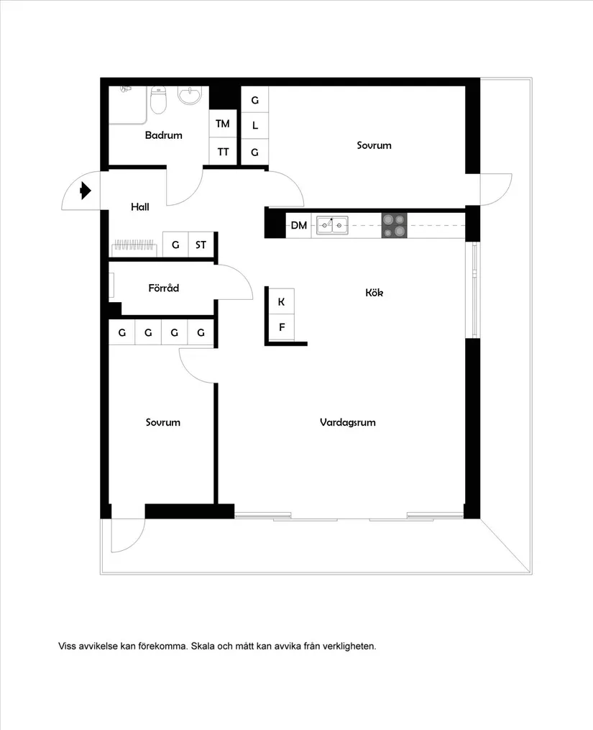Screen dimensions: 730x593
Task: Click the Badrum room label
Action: click(163, 135)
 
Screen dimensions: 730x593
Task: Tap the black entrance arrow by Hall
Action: click(86, 191)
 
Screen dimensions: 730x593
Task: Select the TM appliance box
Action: click(223, 124)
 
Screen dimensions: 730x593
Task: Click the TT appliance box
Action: click(223, 152)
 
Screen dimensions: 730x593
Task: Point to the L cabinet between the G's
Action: click(254, 125)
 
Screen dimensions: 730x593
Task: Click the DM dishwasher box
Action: click(298, 226)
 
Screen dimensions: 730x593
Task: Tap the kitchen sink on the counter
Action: click(332, 225)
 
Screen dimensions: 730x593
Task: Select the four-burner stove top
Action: click(394, 226)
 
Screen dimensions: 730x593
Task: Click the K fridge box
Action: click(281, 302)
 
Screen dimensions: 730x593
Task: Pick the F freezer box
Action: click(281, 328)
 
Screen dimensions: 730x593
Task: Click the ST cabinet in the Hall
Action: click(201, 245)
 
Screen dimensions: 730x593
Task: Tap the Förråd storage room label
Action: click(163, 288)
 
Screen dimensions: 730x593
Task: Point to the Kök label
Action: click(374, 293)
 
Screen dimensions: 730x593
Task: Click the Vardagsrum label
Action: click(348, 422)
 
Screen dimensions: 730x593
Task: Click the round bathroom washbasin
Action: click(190, 96)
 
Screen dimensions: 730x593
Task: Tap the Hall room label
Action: click(140, 207)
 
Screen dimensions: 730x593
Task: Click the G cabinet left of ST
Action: click(175, 245)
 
